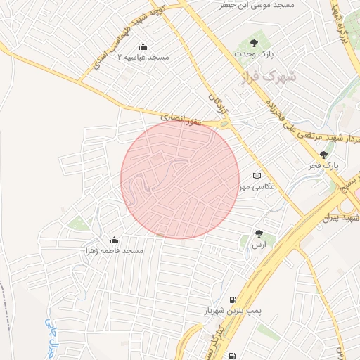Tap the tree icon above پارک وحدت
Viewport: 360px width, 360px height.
[264, 42]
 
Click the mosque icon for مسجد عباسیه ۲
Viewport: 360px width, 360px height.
[143, 47]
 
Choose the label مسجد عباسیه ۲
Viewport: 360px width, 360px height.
[143, 57]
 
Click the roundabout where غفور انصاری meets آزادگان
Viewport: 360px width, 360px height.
[224, 124]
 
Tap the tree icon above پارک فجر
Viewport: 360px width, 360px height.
[323, 155]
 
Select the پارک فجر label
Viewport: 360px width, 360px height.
[323, 166]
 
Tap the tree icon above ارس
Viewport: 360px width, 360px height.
[259, 233]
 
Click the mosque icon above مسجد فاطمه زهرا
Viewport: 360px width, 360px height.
[115, 240]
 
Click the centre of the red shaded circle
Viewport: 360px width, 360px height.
[180, 179]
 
